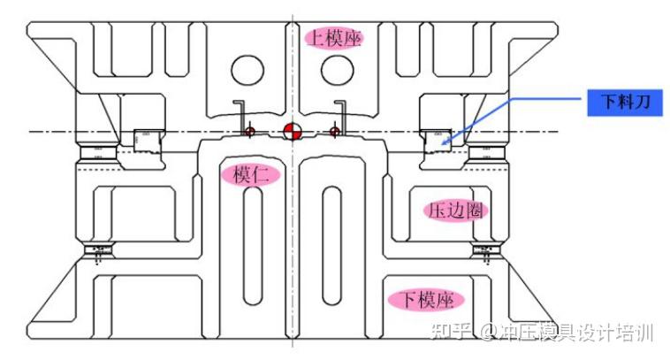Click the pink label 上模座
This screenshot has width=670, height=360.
pos(334,38)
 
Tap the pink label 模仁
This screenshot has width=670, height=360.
pos(250,174)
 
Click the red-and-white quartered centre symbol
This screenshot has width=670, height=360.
pos(292,132)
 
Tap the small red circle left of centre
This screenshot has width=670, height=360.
pos(250,132)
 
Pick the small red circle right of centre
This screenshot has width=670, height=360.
pos(334,132)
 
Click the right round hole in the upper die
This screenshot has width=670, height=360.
pos(337,69)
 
